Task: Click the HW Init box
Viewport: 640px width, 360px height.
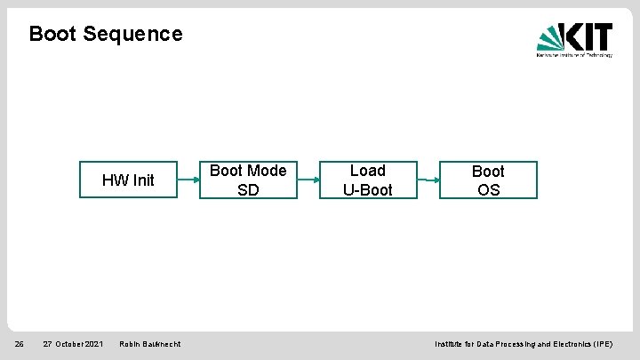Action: [128, 180]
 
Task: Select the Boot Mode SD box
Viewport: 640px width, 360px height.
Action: [248, 180]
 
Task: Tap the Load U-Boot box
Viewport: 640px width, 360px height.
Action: [368, 180]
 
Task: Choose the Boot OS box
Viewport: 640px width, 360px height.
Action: [488, 180]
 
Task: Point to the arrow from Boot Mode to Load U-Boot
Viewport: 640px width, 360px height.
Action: [308, 180]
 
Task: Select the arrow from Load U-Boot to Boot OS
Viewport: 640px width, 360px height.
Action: [428, 180]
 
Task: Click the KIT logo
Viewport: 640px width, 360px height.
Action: [574, 39]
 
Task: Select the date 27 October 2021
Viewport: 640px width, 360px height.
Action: [73, 344]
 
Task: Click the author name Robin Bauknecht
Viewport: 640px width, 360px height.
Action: [150, 344]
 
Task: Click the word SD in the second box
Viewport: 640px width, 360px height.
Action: [248, 190]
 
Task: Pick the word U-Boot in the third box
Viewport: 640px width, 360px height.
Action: [368, 190]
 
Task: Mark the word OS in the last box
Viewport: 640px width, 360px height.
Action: [488, 190]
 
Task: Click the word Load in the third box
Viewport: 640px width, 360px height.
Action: [368, 171]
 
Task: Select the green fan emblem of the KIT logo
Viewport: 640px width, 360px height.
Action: [550, 39]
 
